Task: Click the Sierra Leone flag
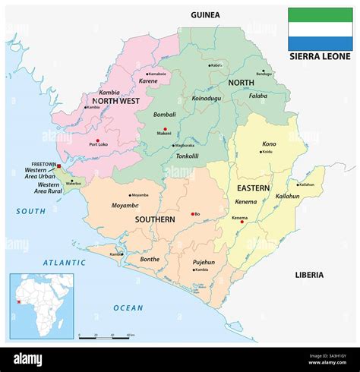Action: [x=320, y=28]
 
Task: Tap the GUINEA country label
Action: [x=205, y=14]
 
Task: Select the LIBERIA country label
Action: [x=308, y=274]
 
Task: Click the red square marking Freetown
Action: [x=58, y=165]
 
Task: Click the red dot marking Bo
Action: [x=194, y=214]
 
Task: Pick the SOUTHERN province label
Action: [x=156, y=219]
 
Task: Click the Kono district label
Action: [x=269, y=143]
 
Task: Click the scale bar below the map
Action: [x=107, y=334]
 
